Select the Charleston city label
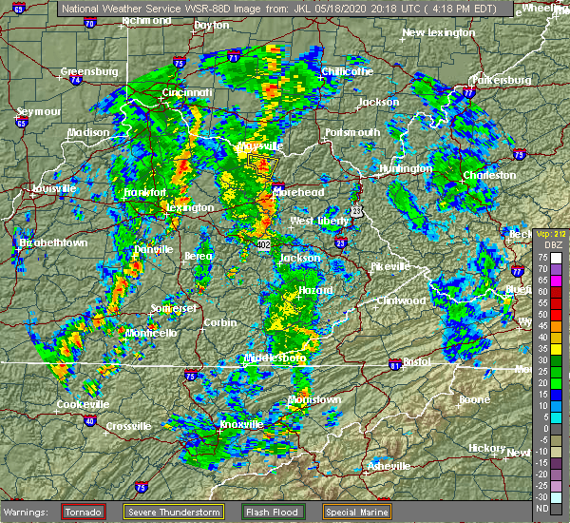pyautogui.click(x=489, y=176)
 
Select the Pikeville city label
pyautogui.click(x=389, y=265)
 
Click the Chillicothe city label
pyautogui.click(x=346, y=71)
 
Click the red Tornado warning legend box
pyautogui.click(x=84, y=511)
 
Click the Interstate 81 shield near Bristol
pyautogui.click(x=392, y=364)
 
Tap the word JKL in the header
pyautogui.click(x=308, y=9)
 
